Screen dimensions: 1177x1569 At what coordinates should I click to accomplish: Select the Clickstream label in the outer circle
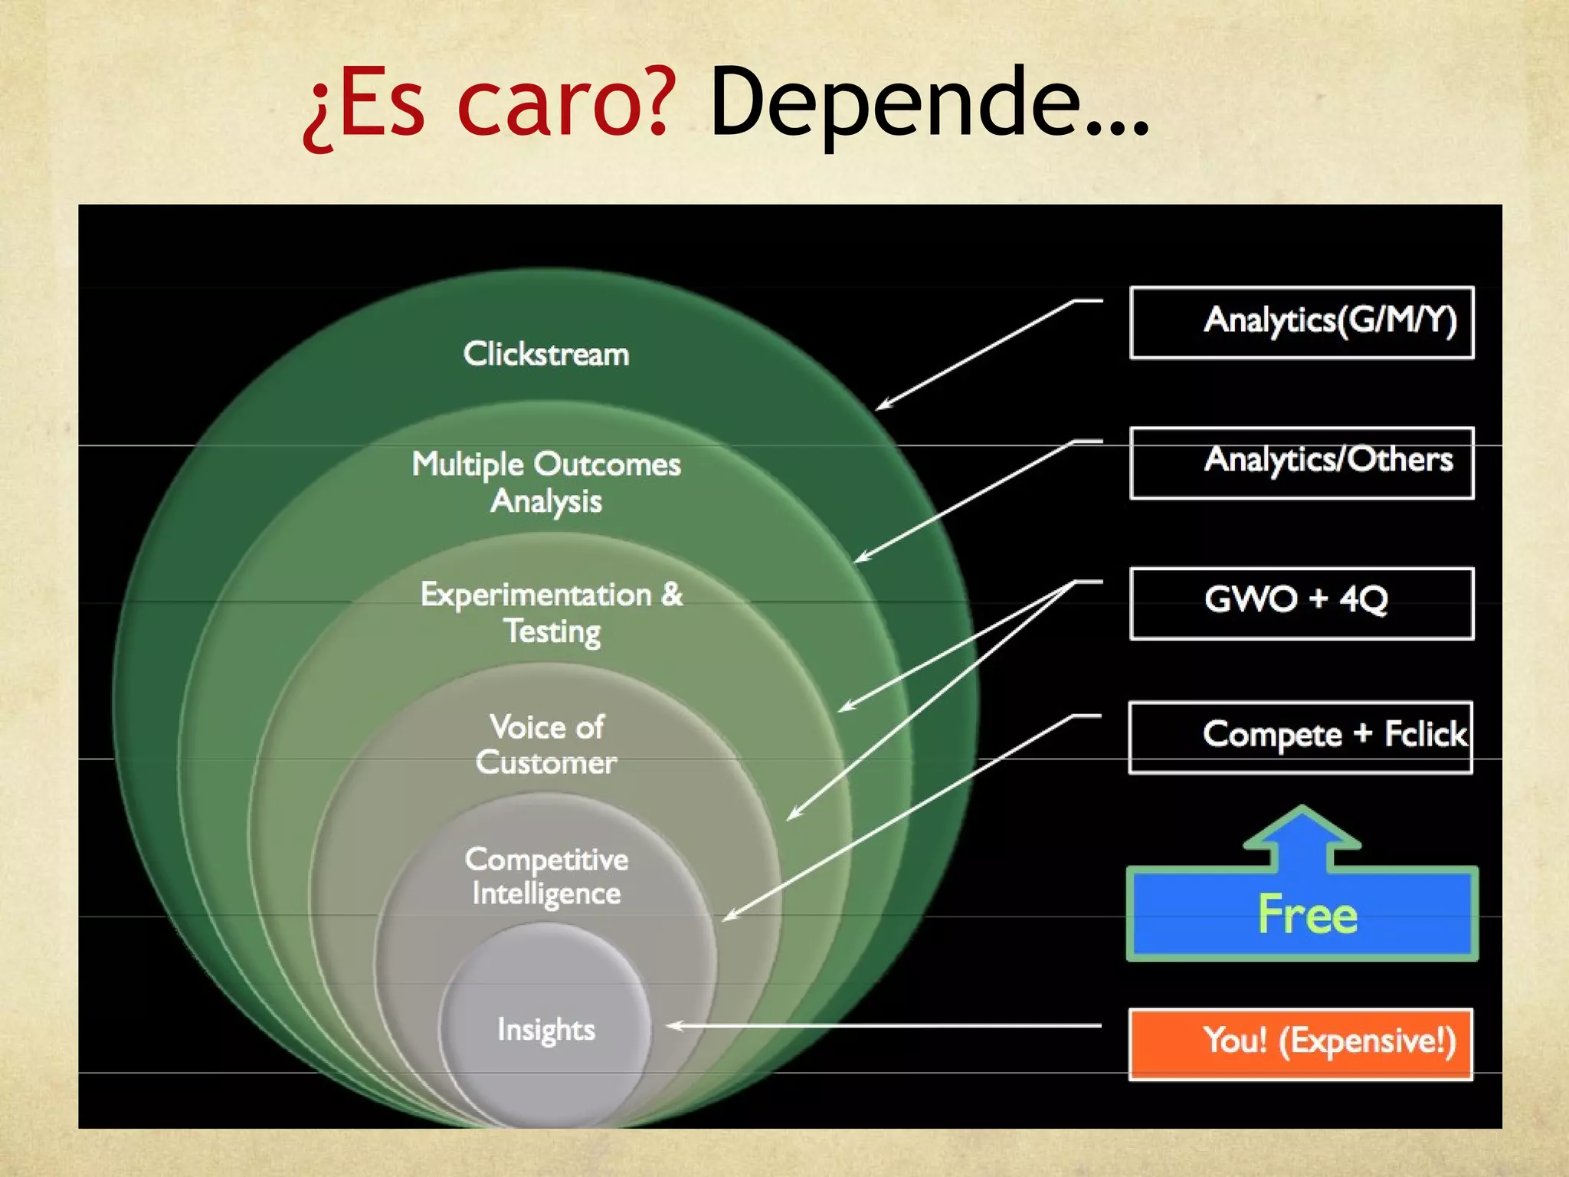pos(546,354)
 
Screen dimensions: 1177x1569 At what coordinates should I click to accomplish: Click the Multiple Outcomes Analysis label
pos(546,482)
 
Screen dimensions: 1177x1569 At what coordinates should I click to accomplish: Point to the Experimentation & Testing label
pos(551,612)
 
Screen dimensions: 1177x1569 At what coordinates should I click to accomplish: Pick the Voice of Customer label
pos(546,744)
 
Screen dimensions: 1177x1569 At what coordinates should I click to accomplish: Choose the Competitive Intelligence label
pos(546,876)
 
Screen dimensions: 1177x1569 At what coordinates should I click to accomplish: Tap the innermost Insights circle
pos(546,1028)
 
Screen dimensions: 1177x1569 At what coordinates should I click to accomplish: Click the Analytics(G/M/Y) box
pos(1301,322)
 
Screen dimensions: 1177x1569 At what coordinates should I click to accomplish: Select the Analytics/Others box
pos(1301,462)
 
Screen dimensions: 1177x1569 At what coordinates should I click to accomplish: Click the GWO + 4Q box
pos(1301,602)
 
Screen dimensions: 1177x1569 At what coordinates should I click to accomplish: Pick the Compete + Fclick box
pos(1301,736)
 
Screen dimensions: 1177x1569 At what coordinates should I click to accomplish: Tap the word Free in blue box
pos(1307,914)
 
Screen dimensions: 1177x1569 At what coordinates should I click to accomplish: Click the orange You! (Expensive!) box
pos(1301,1043)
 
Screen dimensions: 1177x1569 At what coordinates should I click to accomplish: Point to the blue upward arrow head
pos(1302,828)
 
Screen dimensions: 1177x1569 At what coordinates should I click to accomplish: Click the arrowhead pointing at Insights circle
pos(673,1025)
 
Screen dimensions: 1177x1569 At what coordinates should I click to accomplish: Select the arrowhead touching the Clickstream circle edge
pos(882,405)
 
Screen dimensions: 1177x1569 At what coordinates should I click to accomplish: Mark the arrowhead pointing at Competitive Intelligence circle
pos(729,916)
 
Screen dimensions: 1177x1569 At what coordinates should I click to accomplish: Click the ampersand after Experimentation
pos(671,594)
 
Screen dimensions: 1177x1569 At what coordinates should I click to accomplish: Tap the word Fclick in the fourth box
pos(1425,734)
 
